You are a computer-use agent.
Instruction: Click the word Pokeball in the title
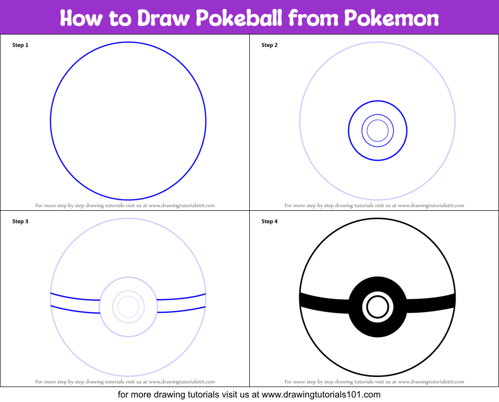click(239, 17)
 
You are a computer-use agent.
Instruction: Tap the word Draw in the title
click(163, 17)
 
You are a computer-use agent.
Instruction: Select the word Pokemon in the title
click(392, 17)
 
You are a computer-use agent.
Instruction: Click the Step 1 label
click(20, 45)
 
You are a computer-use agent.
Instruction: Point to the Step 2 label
click(269, 45)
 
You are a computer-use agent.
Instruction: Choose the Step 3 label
click(20, 221)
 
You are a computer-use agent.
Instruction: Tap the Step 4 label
click(269, 221)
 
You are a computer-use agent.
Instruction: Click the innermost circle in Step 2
click(378, 120)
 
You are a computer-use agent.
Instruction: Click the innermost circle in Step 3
click(128, 296)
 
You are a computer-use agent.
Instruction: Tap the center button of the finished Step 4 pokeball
click(378, 307)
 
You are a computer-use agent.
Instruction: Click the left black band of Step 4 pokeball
click(325, 304)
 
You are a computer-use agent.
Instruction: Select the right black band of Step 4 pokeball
click(431, 304)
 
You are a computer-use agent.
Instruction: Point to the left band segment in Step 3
click(75, 303)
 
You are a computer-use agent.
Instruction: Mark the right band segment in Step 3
click(181, 303)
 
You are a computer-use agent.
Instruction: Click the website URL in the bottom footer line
click(321, 395)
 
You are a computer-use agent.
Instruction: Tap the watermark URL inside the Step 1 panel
click(182, 205)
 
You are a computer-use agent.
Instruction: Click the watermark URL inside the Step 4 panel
click(431, 382)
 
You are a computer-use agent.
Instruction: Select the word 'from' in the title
click(313, 17)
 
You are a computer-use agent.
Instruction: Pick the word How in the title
click(81, 17)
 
